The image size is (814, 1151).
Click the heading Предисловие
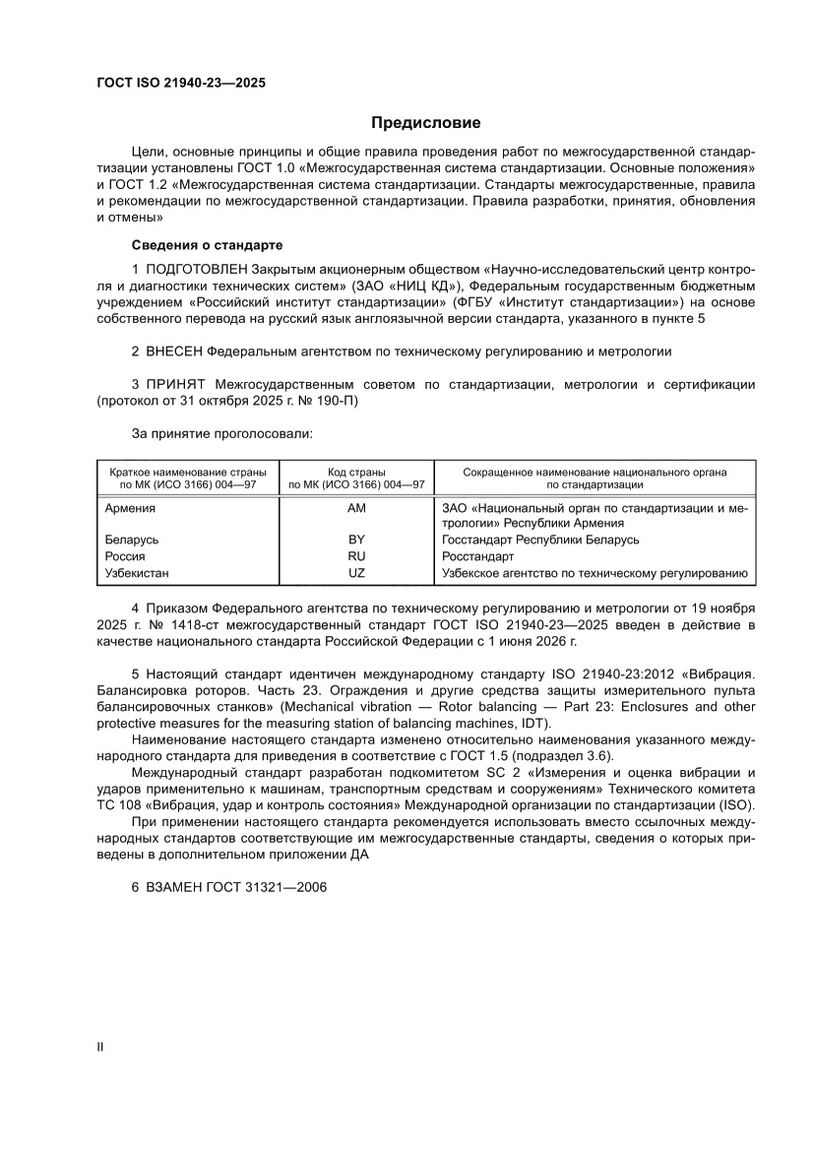425,123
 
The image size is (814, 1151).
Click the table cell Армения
130,508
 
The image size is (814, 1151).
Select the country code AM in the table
356,508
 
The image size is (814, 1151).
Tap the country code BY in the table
356,541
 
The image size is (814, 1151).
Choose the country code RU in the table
356,556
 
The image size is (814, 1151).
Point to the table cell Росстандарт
471,556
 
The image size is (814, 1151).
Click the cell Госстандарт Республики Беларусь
540,541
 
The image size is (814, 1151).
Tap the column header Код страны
356,473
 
